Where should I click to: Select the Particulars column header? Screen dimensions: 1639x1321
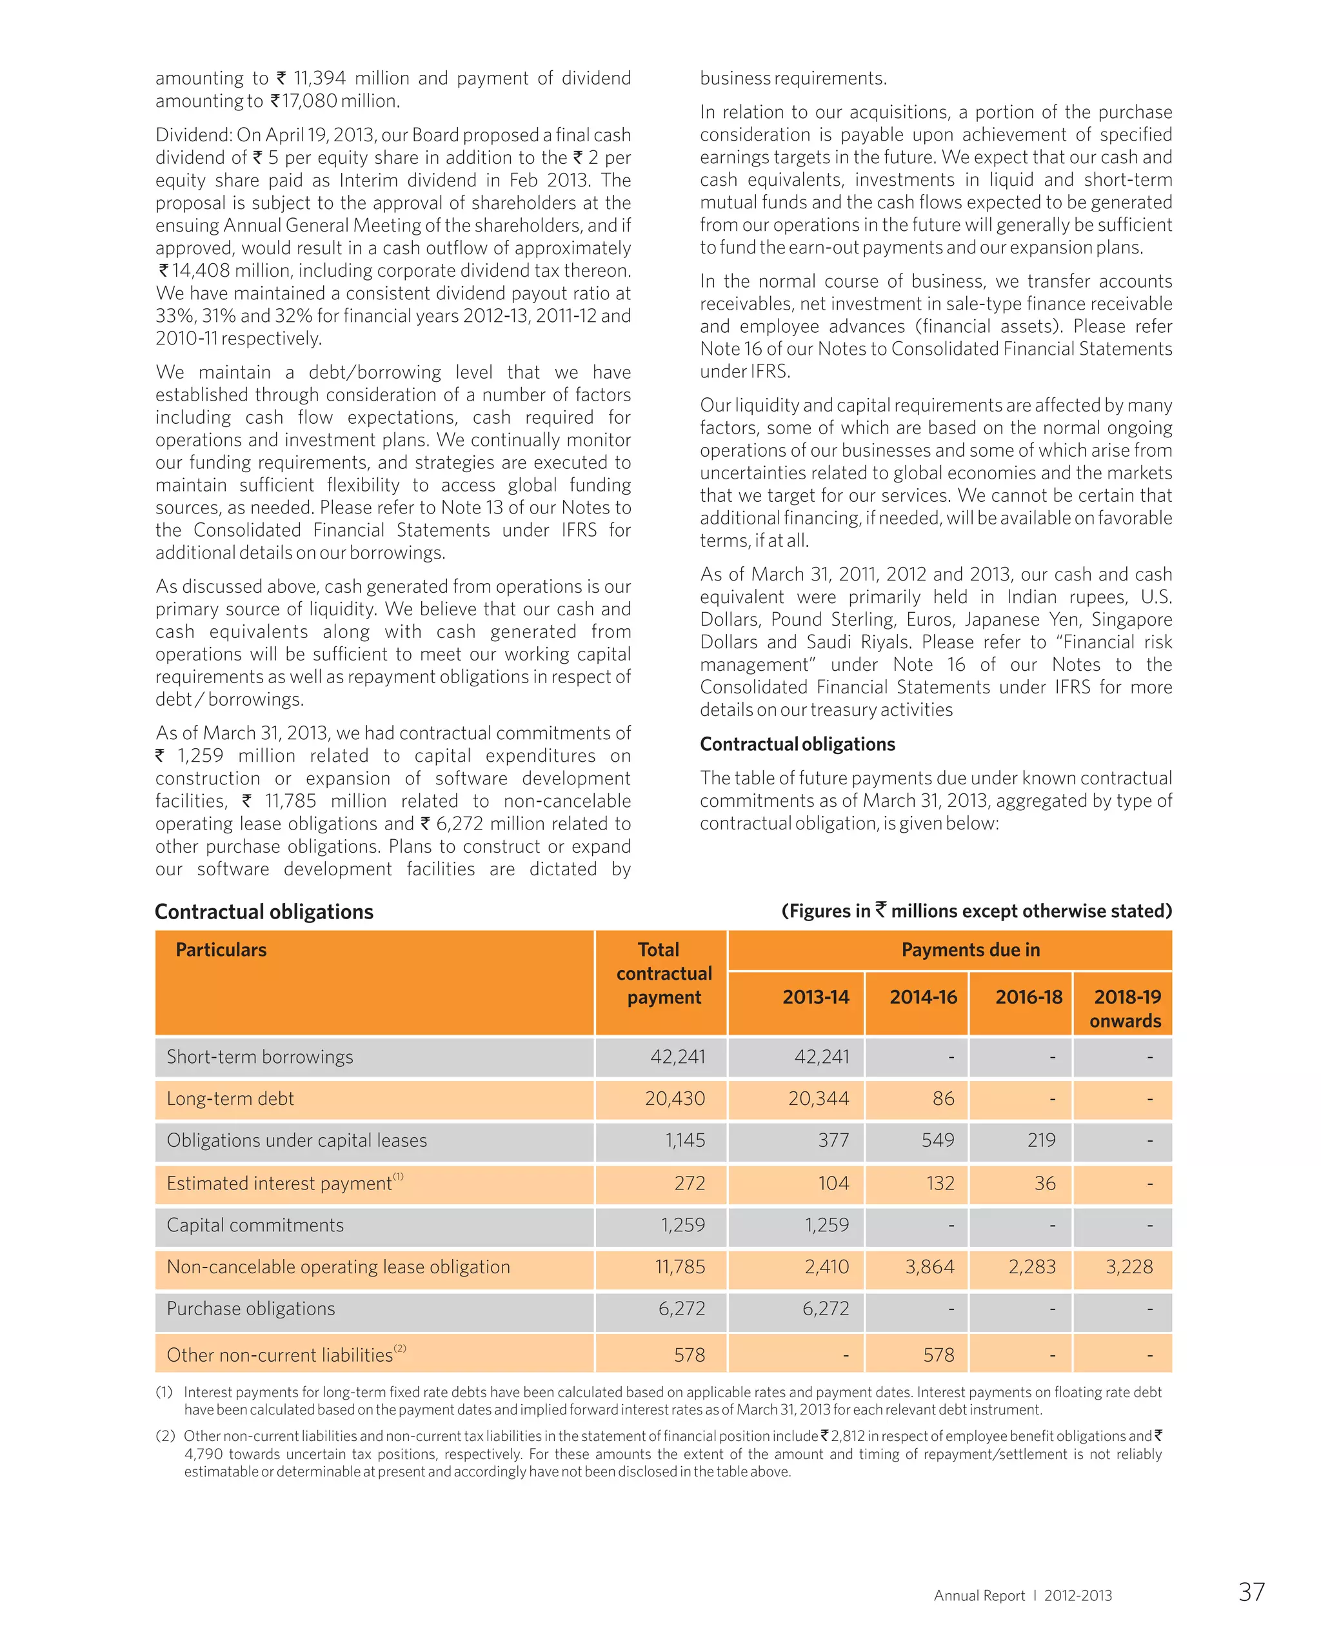(221, 949)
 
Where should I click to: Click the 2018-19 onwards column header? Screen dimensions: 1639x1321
(1126, 1008)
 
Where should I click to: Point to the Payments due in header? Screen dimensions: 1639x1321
(970, 949)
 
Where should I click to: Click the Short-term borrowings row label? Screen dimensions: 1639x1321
(259, 1057)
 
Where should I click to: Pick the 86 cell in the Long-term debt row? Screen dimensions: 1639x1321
(943, 1098)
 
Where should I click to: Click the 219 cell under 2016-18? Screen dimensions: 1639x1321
(1041, 1140)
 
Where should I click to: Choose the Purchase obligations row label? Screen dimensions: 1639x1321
(250, 1309)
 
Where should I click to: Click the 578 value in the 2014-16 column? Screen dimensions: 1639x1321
(939, 1355)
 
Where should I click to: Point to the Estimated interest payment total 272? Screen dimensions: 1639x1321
(690, 1183)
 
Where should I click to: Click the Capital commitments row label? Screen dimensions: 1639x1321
(255, 1225)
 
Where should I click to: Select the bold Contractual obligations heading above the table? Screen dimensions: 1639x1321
(264, 911)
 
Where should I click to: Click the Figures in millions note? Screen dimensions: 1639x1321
(977, 911)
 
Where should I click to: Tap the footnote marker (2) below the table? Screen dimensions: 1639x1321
(165, 1436)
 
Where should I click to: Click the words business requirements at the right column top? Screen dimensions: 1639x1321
(793, 79)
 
